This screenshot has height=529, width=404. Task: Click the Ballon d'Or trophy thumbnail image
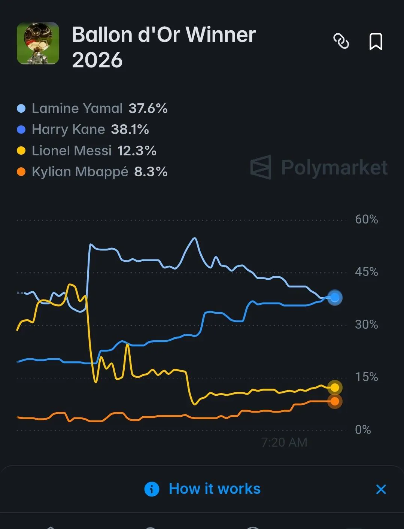tap(38, 43)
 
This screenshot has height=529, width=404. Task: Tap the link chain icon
tap(341, 41)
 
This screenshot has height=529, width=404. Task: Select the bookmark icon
tap(376, 42)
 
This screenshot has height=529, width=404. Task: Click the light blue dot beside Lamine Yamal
tap(21, 109)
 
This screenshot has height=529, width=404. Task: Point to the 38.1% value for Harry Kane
tap(130, 130)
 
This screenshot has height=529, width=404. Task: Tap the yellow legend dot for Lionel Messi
tap(21, 151)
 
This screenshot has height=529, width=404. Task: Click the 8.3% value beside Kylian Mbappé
tap(151, 172)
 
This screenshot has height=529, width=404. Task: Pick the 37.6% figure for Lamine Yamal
tap(148, 109)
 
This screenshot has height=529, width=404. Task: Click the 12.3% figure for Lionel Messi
tap(137, 151)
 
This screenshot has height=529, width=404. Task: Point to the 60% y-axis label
tap(367, 219)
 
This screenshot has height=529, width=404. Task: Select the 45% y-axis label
tap(367, 272)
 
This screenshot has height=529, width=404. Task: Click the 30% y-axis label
tap(367, 325)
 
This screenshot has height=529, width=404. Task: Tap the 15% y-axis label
tap(367, 377)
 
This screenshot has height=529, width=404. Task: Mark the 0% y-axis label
tap(363, 430)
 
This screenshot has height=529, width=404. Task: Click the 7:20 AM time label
tap(285, 443)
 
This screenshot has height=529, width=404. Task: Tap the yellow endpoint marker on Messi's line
tap(335, 387)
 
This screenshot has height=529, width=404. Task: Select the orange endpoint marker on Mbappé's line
tap(335, 401)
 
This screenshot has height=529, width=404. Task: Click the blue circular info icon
tap(152, 489)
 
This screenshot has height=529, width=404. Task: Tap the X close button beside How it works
tap(381, 489)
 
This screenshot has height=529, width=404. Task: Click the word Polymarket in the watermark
tap(334, 167)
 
